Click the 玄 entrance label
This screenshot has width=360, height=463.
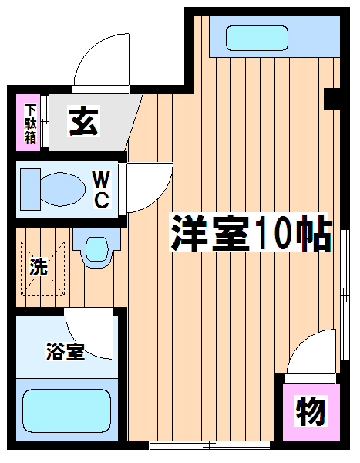coord(83,121)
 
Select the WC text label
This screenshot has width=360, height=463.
coord(102,190)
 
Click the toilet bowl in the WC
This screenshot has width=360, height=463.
coord(62,189)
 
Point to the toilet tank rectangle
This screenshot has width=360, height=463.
coord(30,189)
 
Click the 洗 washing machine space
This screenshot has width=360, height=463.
coord(43,268)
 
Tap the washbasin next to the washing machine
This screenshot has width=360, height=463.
coord(96,248)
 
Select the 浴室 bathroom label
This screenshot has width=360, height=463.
coord(66,351)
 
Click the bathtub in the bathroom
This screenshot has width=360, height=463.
coord(67,411)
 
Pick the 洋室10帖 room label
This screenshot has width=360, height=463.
coord(251,232)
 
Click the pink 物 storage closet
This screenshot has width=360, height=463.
coord(311,412)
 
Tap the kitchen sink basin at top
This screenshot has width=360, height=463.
coord(257,38)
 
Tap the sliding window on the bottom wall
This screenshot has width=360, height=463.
coord(210,445)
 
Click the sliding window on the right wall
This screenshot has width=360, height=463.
coord(345,295)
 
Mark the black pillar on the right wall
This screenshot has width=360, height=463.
coord(332,99)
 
